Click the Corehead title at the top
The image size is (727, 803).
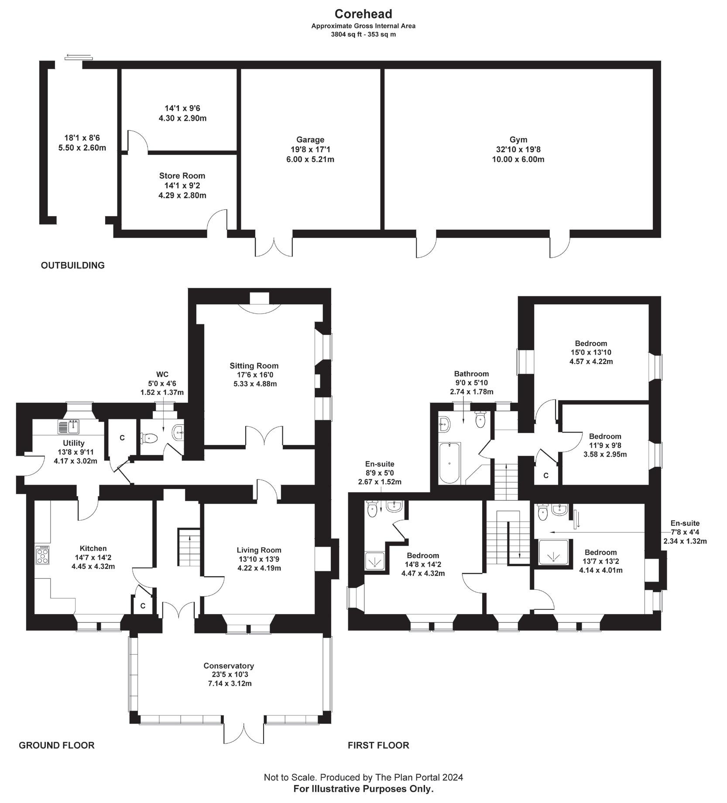363,14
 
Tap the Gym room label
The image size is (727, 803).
518,140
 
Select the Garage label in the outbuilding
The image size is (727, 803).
310,140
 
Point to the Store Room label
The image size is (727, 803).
182,176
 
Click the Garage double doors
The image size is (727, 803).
274,247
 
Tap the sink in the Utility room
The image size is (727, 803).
68,426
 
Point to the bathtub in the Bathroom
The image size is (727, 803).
449,463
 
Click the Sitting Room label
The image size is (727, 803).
254,366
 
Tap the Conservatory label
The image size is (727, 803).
229,666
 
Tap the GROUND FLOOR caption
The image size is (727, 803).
57,745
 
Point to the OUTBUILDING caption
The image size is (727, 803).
73,265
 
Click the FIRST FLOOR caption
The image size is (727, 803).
378,745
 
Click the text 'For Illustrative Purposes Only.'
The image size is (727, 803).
363,789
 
